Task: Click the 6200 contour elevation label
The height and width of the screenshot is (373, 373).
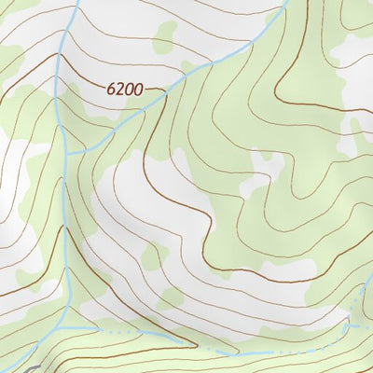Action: [x=124, y=90]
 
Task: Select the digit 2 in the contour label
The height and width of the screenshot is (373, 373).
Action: [x=120, y=90]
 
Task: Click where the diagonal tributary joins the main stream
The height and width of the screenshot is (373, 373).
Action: [x=70, y=152]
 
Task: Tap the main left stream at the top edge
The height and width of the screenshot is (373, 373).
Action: [x=72, y=3]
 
